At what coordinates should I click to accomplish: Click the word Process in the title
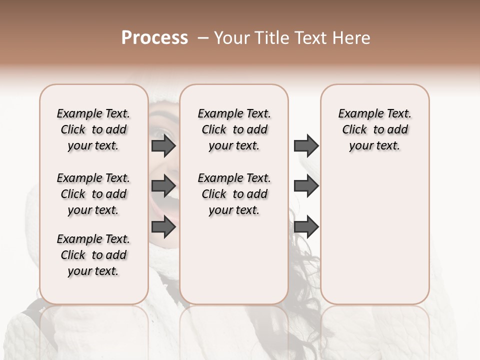pos(154,38)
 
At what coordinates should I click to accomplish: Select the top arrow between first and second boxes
pos(163,146)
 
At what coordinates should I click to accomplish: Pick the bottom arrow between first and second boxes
pos(163,227)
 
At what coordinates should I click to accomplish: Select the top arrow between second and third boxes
pos(306,146)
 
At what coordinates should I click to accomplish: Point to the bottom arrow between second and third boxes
pos(306,227)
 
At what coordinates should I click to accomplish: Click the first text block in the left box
pos(93,129)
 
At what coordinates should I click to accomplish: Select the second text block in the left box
pos(93,194)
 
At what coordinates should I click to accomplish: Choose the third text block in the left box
pos(93,255)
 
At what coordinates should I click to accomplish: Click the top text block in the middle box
pos(234,129)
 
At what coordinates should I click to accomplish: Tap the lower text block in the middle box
pos(234,194)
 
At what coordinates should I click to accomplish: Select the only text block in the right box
pos(374,129)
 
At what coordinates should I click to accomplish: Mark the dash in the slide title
pos(202,38)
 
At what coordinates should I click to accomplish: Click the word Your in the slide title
pos(232,38)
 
